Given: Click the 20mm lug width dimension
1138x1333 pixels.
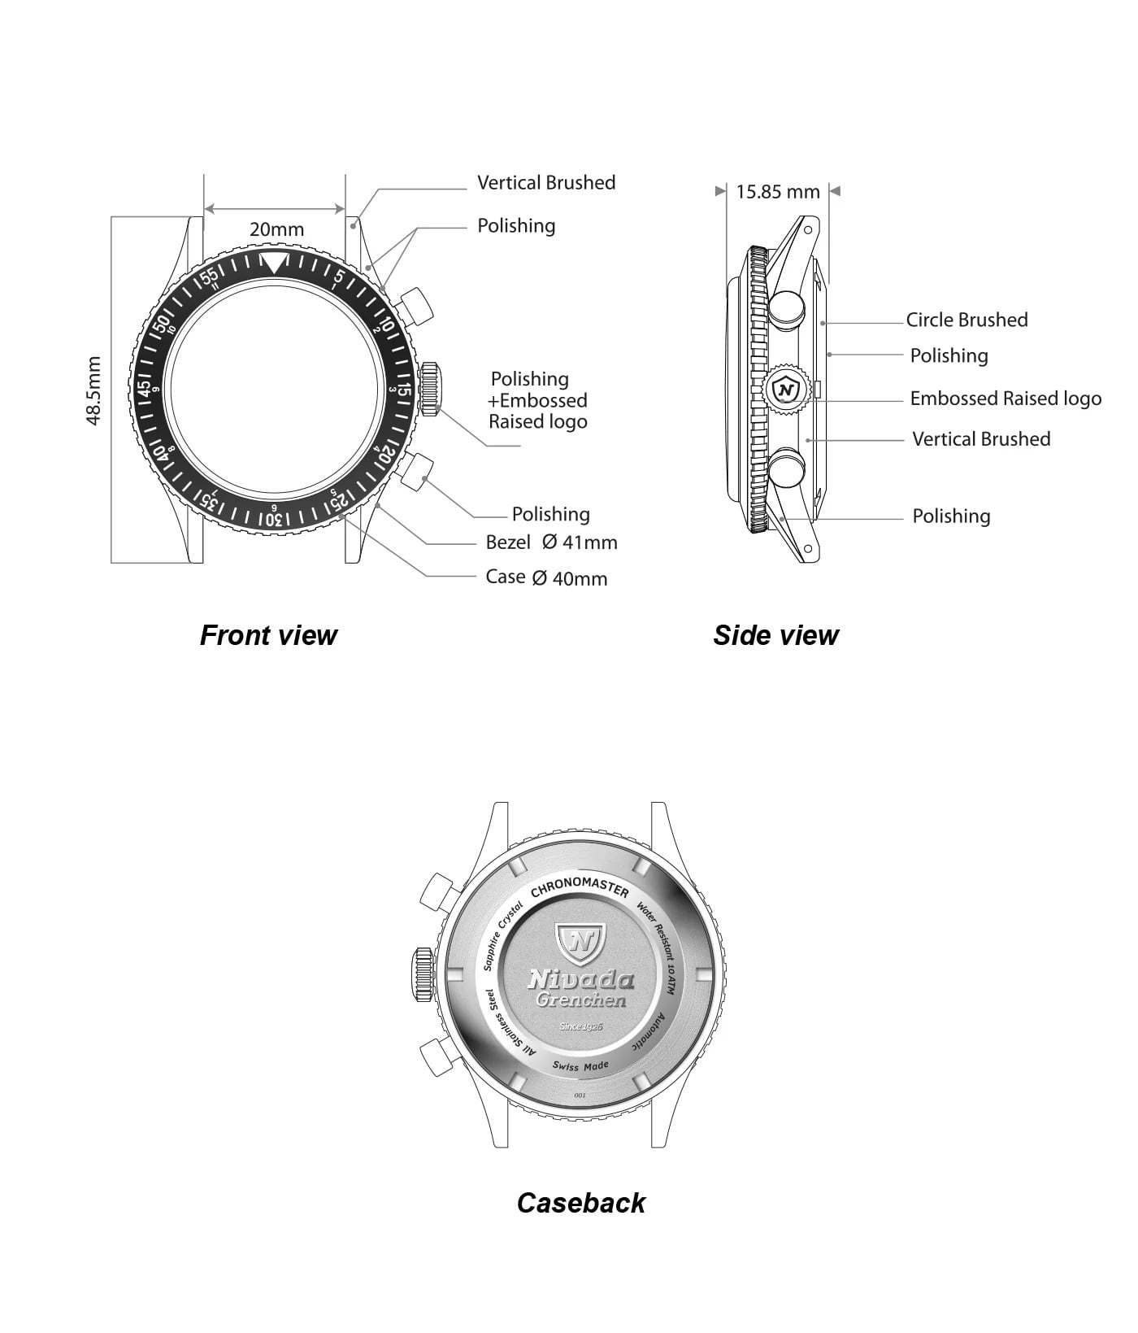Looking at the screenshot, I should pyautogui.click(x=276, y=229).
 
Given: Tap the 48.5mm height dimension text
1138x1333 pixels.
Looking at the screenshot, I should pyautogui.click(x=93, y=390).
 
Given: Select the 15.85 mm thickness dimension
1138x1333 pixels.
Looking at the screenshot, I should pyautogui.click(x=778, y=192).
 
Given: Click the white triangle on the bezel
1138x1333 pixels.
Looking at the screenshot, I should pyautogui.click(x=275, y=262).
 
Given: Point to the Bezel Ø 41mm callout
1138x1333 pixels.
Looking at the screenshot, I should pyautogui.click(x=551, y=542).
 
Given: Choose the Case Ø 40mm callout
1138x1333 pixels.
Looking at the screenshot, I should pyautogui.click(x=546, y=577).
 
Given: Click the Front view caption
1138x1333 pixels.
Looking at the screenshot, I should pyautogui.click(x=268, y=635).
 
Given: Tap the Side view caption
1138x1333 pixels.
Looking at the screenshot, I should pyautogui.click(x=775, y=635).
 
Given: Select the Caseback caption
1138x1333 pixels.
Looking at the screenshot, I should pyautogui.click(x=580, y=1203).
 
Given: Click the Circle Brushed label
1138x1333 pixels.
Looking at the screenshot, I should pyautogui.click(x=966, y=320).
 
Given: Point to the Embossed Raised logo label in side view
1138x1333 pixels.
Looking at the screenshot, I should pyautogui.click(x=1006, y=399).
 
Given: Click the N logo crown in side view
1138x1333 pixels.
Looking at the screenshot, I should pyautogui.click(x=785, y=390).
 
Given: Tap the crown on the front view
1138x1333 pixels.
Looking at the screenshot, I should pyautogui.click(x=430, y=390).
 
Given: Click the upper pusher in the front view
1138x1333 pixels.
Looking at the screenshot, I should pyautogui.click(x=417, y=305).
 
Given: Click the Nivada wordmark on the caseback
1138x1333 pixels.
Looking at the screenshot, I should pyautogui.click(x=580, y=979).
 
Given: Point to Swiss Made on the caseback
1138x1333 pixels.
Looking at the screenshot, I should pyautogui.click(x=580, y=1065).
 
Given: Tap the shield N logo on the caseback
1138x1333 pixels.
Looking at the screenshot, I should pyautogui.click(x=580, y=941).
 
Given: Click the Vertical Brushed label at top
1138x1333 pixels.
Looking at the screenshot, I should pyautogui.click(x=546, y=183).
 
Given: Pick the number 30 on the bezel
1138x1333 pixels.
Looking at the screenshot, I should pyautogui.click(x=274, y=520).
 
